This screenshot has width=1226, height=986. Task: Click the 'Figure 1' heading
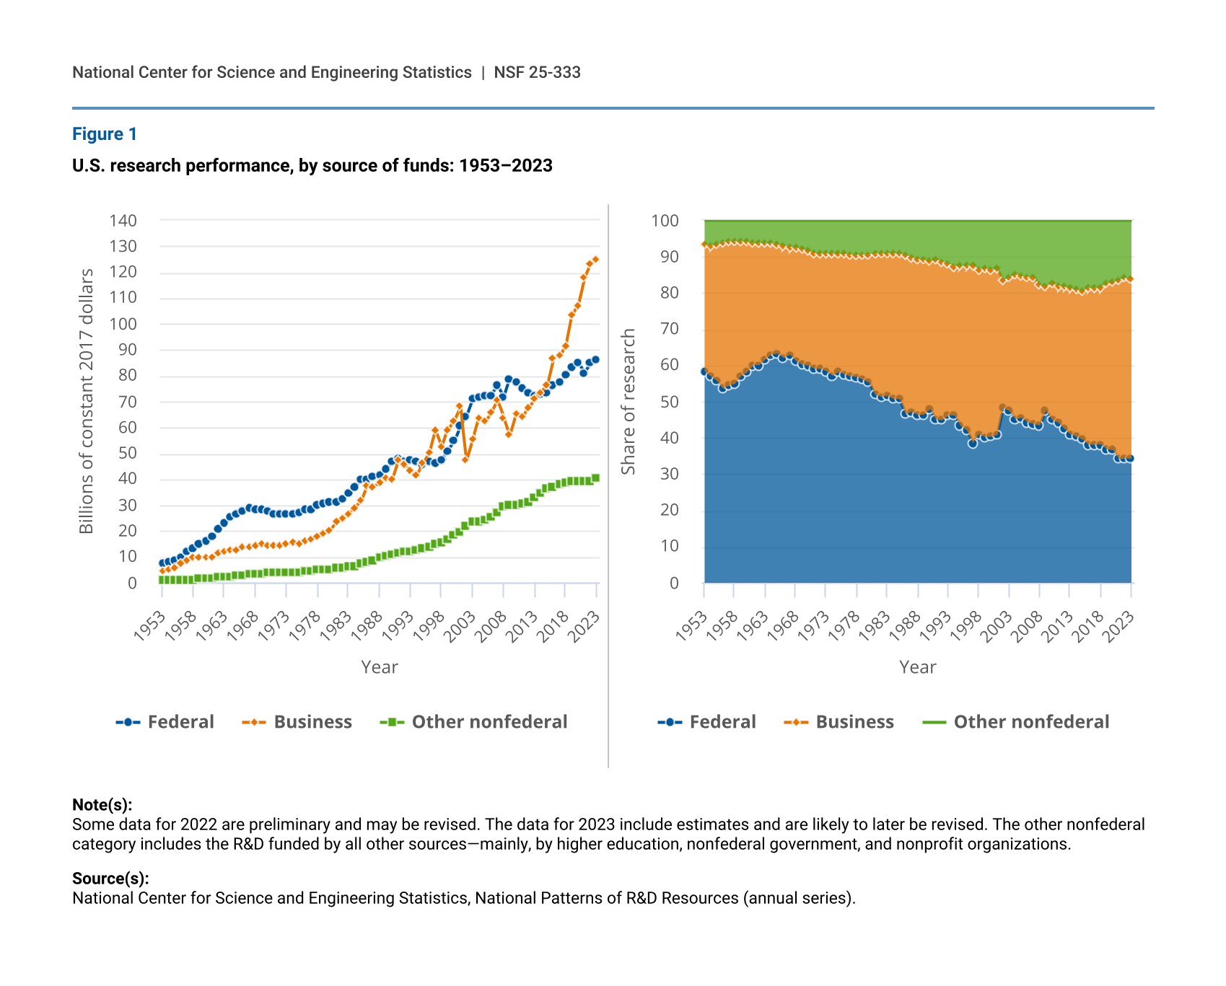[105, 134]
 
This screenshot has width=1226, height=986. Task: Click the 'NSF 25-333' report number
[537, 72]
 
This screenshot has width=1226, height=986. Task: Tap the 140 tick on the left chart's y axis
[123, 221]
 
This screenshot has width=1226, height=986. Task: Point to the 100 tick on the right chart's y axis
[665, 221]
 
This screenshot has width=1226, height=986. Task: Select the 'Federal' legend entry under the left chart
[165, 722]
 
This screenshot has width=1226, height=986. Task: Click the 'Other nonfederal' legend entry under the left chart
[474, 722]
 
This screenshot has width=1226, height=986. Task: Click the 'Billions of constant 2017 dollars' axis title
[87, 401]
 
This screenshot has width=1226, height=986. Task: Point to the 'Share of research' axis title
[629, 401]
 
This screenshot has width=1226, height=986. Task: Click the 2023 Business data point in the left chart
[595, 259]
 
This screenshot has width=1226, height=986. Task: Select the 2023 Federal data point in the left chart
[595, 359]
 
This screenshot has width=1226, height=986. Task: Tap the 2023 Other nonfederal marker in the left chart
[595, 477]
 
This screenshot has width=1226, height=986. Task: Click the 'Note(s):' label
[102, 805]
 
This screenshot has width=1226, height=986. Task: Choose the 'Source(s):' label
[110, 879]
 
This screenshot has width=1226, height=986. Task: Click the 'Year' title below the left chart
[380, 667]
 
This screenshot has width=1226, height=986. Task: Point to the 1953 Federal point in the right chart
[704, 371]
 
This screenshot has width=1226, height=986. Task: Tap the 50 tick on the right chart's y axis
[669, 402]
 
